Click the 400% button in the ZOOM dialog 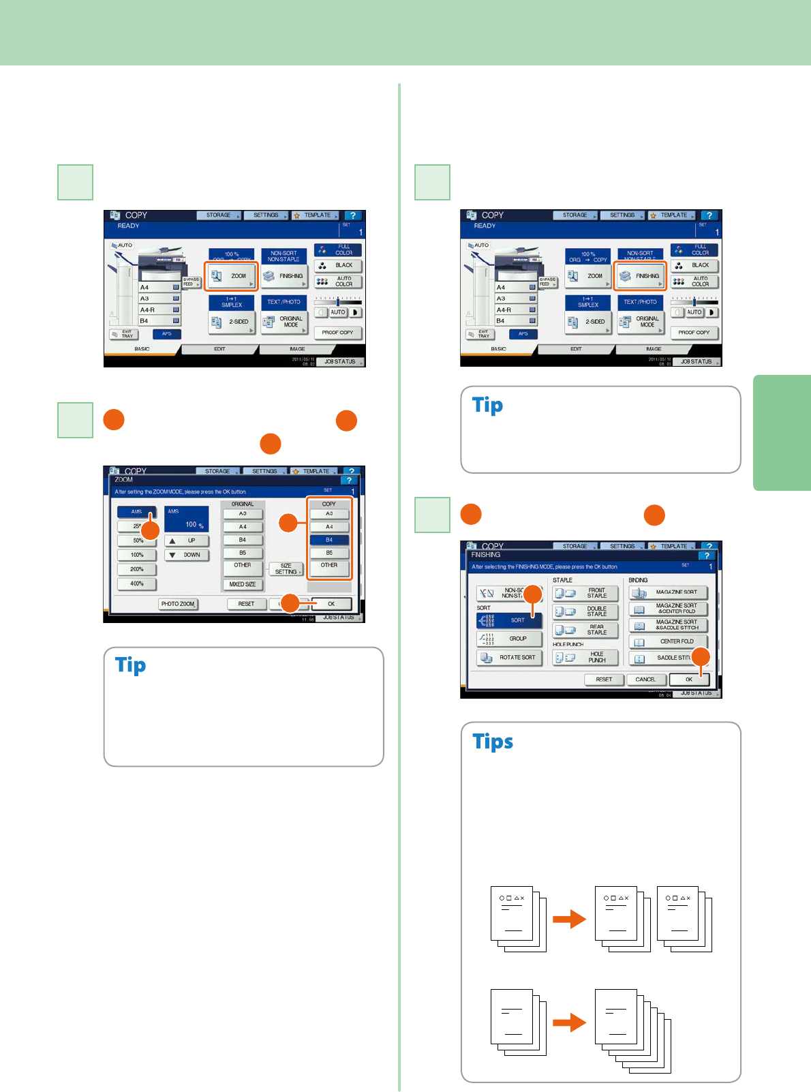(137, 583)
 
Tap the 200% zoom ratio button (137, 569)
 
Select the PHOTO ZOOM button (178, 604)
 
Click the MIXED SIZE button (243, 584)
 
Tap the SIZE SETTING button (286, 568)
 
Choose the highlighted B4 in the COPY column (329, 540)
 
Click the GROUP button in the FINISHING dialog (510, 639)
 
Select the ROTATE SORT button (510, 658)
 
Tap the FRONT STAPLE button (585, 593)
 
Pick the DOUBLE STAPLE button (585, 611)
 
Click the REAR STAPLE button (585, 630)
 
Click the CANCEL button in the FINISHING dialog (645, 680)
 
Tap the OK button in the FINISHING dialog (689, 680)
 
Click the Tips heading (493, 742)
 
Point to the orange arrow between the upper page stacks (569, 919)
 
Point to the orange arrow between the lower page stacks (569, 1022)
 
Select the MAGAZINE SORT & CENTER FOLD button (669, 609)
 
